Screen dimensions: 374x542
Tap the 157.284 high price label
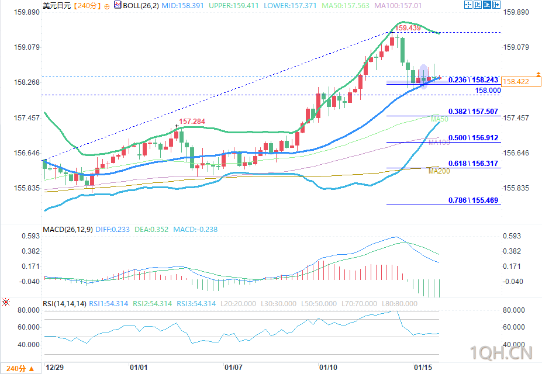click(x=192, y=122)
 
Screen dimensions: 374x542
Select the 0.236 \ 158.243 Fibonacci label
click(x=473, y=79)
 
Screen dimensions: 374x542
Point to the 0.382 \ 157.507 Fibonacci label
click(x=473, y=111)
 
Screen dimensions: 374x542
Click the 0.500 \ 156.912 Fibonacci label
click(x=473, y=137)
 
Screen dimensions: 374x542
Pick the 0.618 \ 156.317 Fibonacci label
click(x=473, y=164)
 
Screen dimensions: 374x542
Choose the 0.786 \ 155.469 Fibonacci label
click(x=473, y=200)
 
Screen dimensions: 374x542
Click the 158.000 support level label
click(x=488, y=91)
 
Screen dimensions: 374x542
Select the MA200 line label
click(x=439, y=171)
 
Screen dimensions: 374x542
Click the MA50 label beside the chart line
click(x=439, y=119)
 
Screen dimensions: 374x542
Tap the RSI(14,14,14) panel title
click(x=64, y=304)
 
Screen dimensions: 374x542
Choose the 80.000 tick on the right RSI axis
click(x=513, y=310)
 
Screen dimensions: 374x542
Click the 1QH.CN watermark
click(x=502, y=352)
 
